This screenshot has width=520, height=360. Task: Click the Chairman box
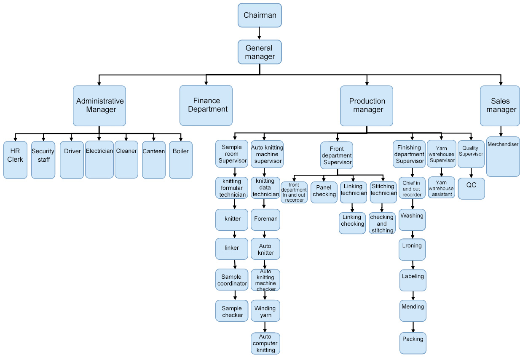260,15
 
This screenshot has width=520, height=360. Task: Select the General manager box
260,52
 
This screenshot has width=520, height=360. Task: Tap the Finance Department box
206,105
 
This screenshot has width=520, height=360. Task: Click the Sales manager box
500,106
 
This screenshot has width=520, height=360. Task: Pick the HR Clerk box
15,160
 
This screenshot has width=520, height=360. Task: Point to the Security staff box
43,160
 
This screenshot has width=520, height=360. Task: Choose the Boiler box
181,160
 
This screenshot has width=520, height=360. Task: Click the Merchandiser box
503,157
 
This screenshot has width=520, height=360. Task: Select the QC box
471,189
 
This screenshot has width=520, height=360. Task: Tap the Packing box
413,343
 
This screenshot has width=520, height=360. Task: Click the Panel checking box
324,192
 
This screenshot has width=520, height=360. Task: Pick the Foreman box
265,219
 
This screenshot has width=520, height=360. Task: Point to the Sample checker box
232,312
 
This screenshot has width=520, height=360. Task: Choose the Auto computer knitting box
265,343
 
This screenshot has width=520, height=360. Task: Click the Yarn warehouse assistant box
442,188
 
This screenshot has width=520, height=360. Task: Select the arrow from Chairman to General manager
259,33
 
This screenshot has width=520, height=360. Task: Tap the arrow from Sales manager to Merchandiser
501,131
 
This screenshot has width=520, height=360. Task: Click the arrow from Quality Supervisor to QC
471,173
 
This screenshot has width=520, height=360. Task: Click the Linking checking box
352,223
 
